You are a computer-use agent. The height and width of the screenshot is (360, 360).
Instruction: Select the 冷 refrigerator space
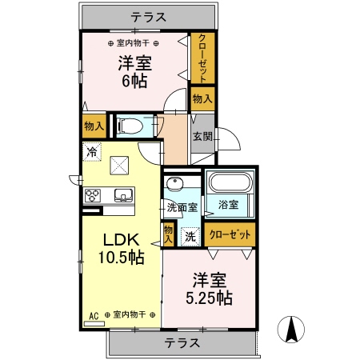[x=92, y=150]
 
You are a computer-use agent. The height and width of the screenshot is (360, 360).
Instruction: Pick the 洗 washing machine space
[x=190, y=236]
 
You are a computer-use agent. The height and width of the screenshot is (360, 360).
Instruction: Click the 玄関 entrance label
[x=202, y=136]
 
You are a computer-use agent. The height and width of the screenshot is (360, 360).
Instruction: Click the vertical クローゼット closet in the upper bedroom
[x=202, y=58]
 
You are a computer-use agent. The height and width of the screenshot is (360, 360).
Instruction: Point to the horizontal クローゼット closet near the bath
[x=230, y=235]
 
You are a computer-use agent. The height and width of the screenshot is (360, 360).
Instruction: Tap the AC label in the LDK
[x=94, y=314]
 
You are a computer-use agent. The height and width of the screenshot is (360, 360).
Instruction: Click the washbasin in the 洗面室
[x=175, y=184]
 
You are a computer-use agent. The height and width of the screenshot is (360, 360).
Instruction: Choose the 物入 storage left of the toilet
[x=93, y=126]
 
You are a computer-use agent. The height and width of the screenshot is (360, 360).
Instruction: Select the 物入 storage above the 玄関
[x=202, y=98]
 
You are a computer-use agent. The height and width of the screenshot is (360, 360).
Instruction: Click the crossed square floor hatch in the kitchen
[x=121, y=165]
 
